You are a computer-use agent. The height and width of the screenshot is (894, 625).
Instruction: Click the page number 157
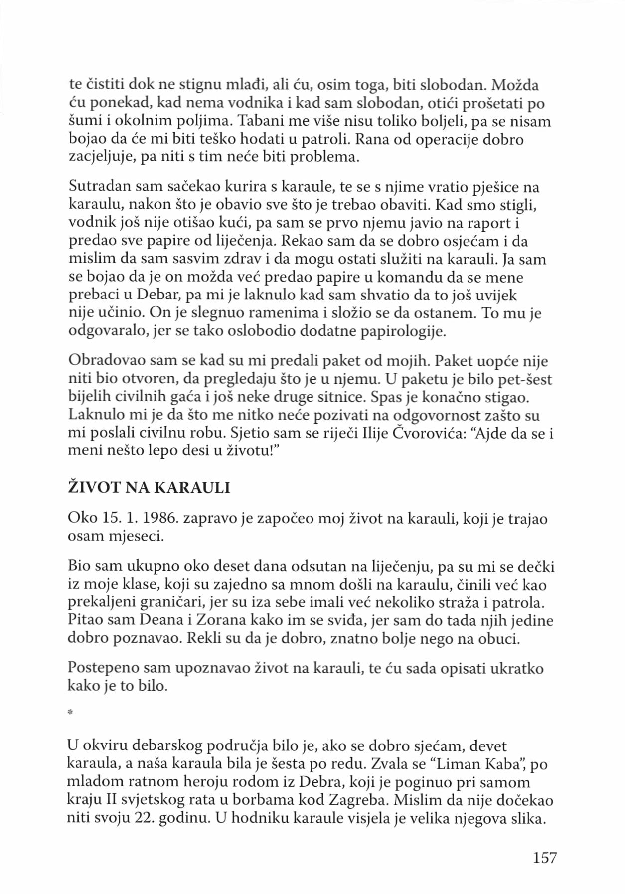pyautogui.click(x=544, y=858)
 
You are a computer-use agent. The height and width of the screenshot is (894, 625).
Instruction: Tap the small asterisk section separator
pyautogui.click(x=70, y=713)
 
